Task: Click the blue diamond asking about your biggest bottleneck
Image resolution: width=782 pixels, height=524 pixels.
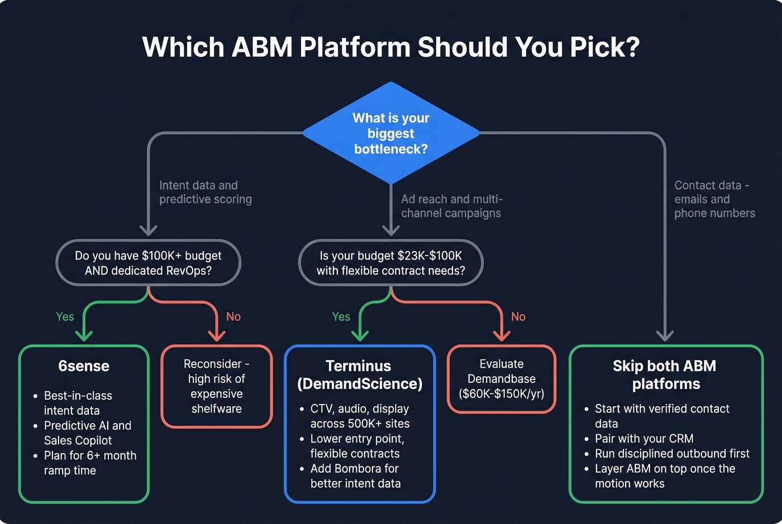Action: click(x=391, y=133)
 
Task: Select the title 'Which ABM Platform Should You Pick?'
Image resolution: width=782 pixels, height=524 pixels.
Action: click(x=390, y=47)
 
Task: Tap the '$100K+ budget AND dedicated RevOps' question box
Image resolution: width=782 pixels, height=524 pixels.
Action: click(x=148, y=263)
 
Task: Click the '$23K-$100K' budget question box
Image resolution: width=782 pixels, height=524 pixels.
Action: click(x=390, y=263)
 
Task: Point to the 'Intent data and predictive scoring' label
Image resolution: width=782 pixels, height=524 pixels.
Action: click(x=205, y=192)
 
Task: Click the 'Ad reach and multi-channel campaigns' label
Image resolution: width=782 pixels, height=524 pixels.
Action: click(x=451, y=206)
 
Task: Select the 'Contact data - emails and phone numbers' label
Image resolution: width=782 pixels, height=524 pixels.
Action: click(x=714, y=199)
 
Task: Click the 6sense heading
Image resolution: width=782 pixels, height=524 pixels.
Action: click(x=84, y=366)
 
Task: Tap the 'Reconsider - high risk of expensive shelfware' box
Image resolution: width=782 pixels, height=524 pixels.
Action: click(x=216, y=386)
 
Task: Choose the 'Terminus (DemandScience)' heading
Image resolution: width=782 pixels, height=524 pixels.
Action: click(x=359, y=375)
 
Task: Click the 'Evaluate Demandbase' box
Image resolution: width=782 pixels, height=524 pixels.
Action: click(x=501, y=379)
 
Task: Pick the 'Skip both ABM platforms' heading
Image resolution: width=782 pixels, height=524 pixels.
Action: click(x=665, y=375)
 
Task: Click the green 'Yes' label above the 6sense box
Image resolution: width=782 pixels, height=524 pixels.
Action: click(x=65, y=317)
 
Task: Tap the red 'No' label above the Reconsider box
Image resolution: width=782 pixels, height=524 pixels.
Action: click(x=233, y=317)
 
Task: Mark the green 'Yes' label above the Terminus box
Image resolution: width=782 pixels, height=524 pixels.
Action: click(x=341, y=317)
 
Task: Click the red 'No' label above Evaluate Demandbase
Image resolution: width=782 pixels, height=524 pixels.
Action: click(x=518, y=317)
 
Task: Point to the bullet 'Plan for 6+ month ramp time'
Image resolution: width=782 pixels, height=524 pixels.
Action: click(x=89, y=463)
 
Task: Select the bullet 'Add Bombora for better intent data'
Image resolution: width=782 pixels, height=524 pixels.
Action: click(x=355, y=476)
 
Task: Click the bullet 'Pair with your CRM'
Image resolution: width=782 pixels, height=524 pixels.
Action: click(x=643, y=439)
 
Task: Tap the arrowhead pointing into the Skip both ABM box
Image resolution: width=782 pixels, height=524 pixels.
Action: click(x=665, y=335)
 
